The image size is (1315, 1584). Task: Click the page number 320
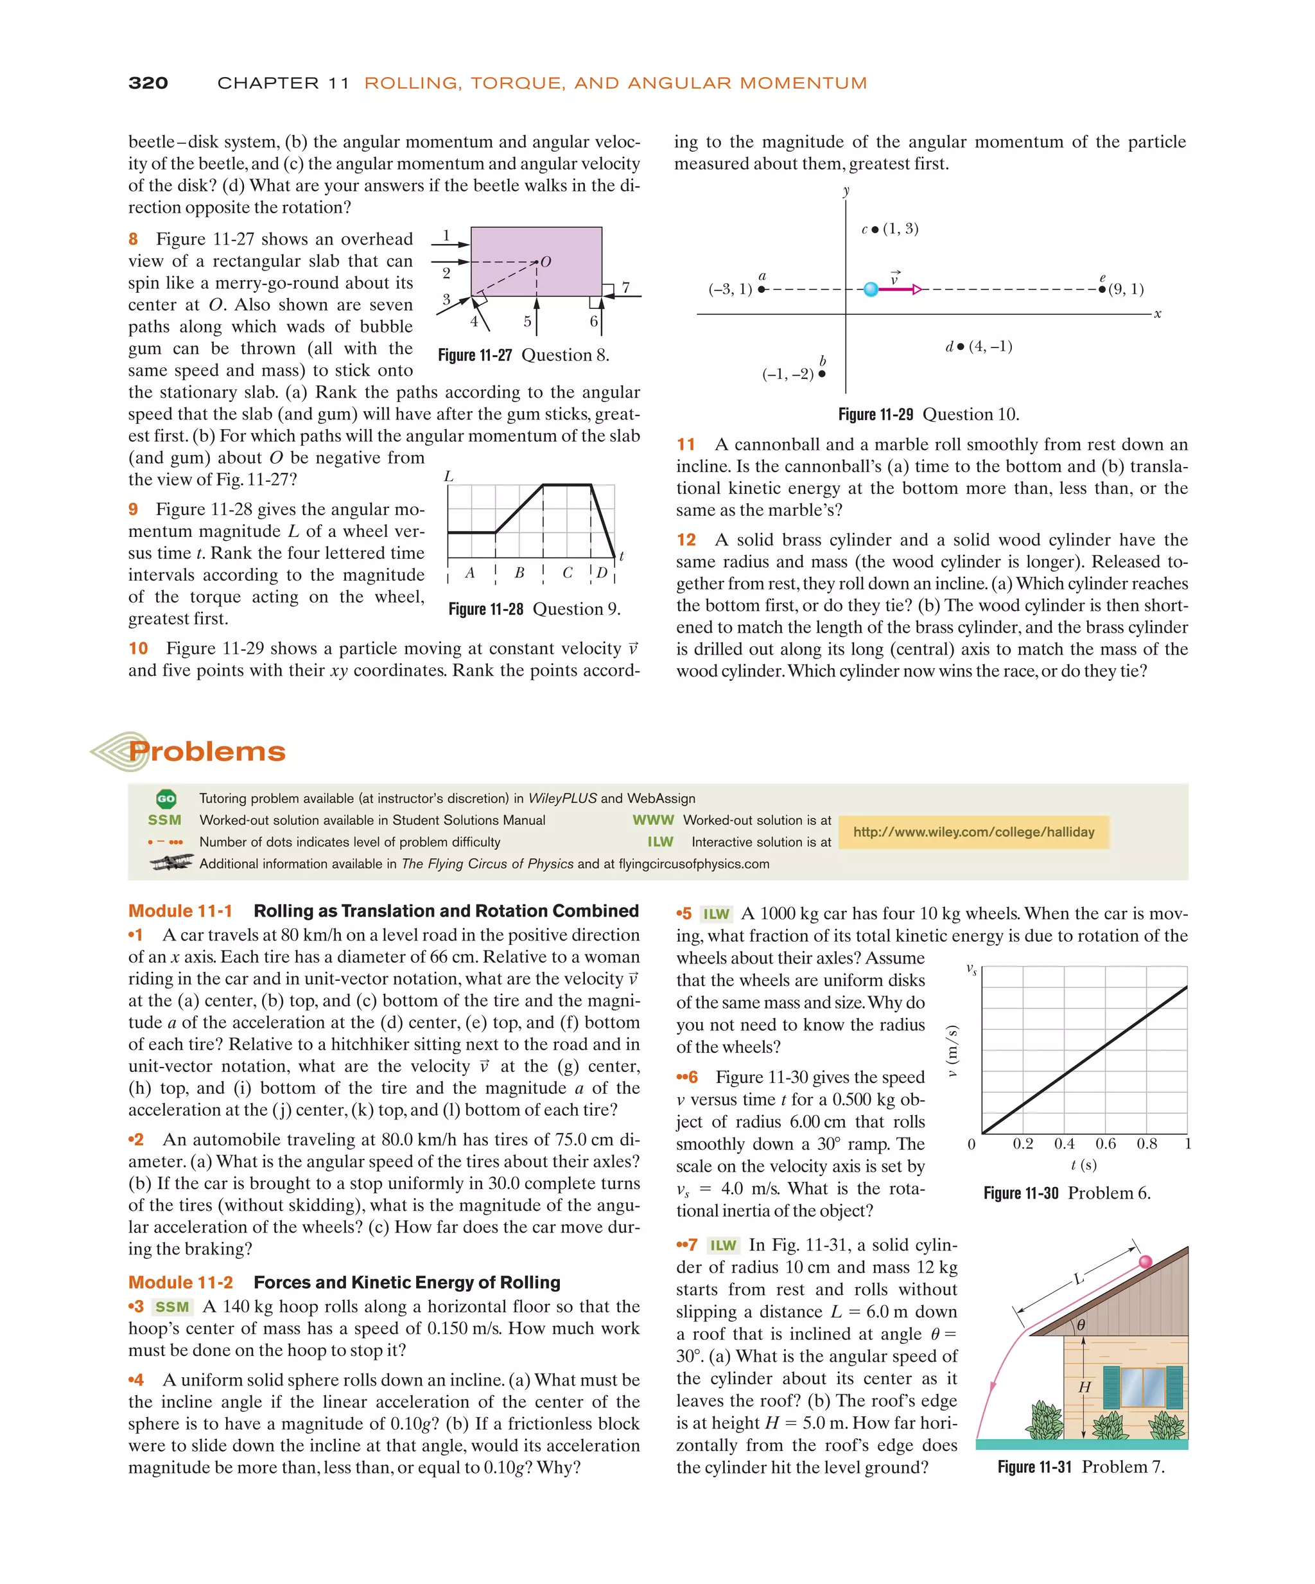point(148,83)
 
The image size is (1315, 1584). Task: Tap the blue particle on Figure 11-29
point(870,289)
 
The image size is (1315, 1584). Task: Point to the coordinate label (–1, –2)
point(787,374)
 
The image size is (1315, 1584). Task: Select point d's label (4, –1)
point(989,346)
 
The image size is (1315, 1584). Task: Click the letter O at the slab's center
point(545,261)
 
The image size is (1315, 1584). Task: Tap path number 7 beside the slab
point(625,287)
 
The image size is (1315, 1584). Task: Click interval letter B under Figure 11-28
point(519,572)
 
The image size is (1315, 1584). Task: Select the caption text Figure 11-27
point(475,355)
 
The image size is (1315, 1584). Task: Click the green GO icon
point(166,798)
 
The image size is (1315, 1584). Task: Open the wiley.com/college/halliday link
point(973,832)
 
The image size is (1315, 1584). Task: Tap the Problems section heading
point(207,752)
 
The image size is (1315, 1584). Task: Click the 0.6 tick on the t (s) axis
point(1106,1144)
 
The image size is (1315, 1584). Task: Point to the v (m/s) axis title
point(952,1051)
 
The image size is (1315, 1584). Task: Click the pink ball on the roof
point(1145,1261)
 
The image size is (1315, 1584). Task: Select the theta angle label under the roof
point(1081,1324)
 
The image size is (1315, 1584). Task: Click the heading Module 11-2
point(180,1282)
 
